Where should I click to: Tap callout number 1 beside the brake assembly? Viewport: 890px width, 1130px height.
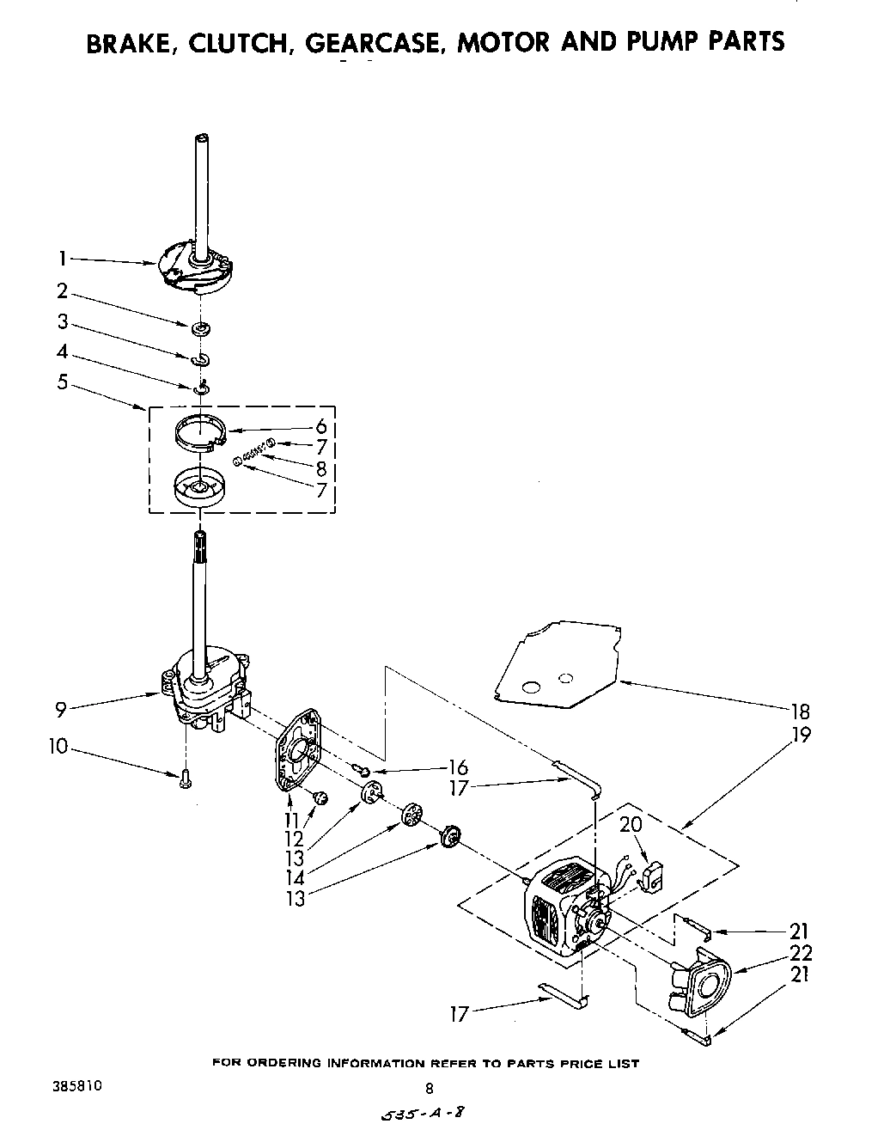pos(63,257)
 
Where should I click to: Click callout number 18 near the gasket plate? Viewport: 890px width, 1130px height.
pos(800,711)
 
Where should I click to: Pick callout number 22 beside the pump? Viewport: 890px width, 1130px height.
pos(800,953)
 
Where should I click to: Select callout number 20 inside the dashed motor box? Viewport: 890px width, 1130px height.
pos(630,824)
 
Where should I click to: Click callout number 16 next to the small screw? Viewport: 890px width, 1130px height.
pos(457,767)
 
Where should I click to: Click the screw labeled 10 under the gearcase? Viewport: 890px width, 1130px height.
pos(185,779)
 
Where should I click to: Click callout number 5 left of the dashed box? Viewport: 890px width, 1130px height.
pos(63,381)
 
